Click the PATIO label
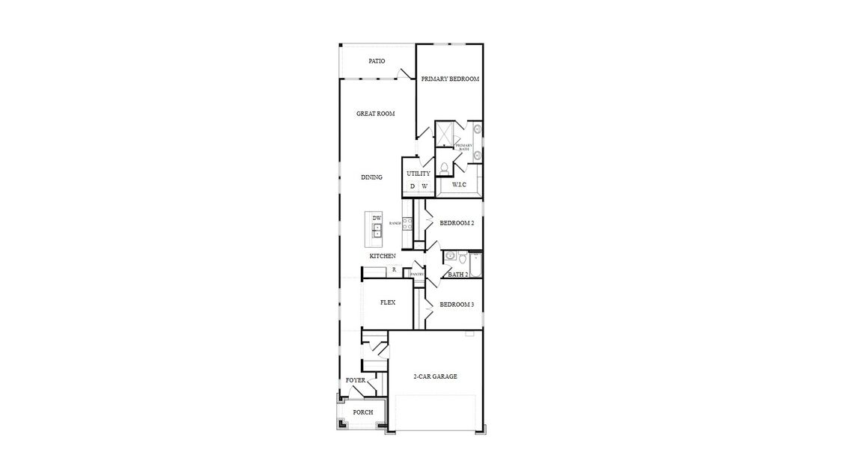377,61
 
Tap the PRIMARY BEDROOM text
449,79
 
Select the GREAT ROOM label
375,114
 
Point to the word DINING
371,177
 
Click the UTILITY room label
419,174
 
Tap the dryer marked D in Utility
412,186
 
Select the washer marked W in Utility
424,186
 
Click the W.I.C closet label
459,184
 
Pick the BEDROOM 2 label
456,223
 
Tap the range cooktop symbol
407,223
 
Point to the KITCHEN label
383,256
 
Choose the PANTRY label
417,274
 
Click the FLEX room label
387,302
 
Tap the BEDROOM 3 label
456,305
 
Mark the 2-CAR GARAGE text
435,376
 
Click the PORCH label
362,412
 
